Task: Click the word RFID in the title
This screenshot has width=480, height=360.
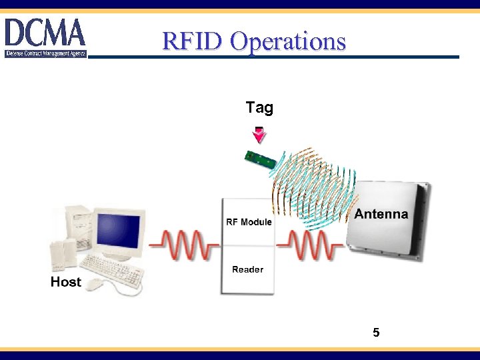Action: point(193,41)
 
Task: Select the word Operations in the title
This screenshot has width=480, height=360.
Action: point(288,41)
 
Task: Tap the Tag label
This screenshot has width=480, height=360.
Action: point(259,107)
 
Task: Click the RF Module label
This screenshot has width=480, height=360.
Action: point(249,222)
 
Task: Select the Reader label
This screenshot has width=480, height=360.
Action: point(247,269)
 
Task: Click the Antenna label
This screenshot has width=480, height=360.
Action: point(381,214)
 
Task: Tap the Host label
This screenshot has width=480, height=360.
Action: point(65,282)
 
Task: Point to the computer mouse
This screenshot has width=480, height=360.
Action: point(94,285)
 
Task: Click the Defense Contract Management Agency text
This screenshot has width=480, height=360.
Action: point(45,53)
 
